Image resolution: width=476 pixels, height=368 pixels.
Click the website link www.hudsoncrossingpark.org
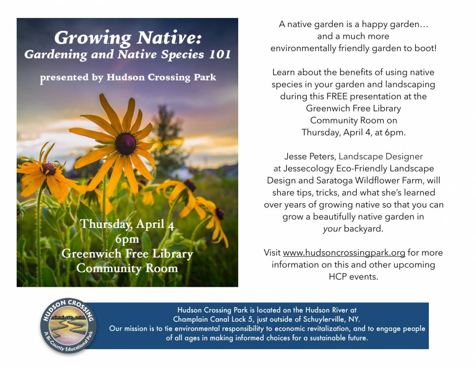coord(344,253)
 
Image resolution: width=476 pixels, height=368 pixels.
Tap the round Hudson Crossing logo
coord(69,326)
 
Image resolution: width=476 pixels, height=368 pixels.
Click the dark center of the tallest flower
coord(125,144)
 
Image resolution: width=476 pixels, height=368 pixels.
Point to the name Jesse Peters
coord(309,156)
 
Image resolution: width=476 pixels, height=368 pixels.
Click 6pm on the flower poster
coord(127,239)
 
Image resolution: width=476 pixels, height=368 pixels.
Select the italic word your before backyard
coord(332,229)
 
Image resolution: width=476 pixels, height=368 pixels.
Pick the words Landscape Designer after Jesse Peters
coord(381,156)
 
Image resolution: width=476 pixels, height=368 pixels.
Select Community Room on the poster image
coord(127,268)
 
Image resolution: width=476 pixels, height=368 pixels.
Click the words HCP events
coord(353,277)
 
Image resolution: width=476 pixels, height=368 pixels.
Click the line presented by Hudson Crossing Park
coord(128,78)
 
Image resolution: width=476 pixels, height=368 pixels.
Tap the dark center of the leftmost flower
coord(49,169)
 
